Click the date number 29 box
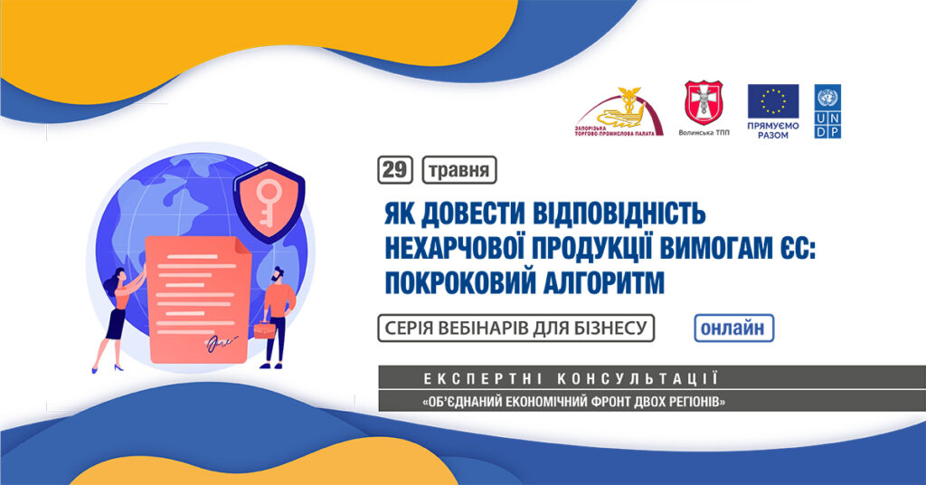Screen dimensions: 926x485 coord(395,169)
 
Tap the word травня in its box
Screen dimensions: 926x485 coord(458,170)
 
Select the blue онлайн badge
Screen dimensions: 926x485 coord(733,328)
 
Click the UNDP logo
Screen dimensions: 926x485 coord(828,111)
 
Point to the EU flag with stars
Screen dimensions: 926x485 coord(773,101)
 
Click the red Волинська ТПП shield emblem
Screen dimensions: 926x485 coord(704,103)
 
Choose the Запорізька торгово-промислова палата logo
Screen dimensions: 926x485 coord(619,112)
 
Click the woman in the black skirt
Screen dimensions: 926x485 coord(118,319)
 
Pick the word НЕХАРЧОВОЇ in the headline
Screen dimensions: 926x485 coord(454,248)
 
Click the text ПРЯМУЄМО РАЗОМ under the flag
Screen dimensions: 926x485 coord(773,130)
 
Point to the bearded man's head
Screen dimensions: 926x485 coord(278,275)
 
